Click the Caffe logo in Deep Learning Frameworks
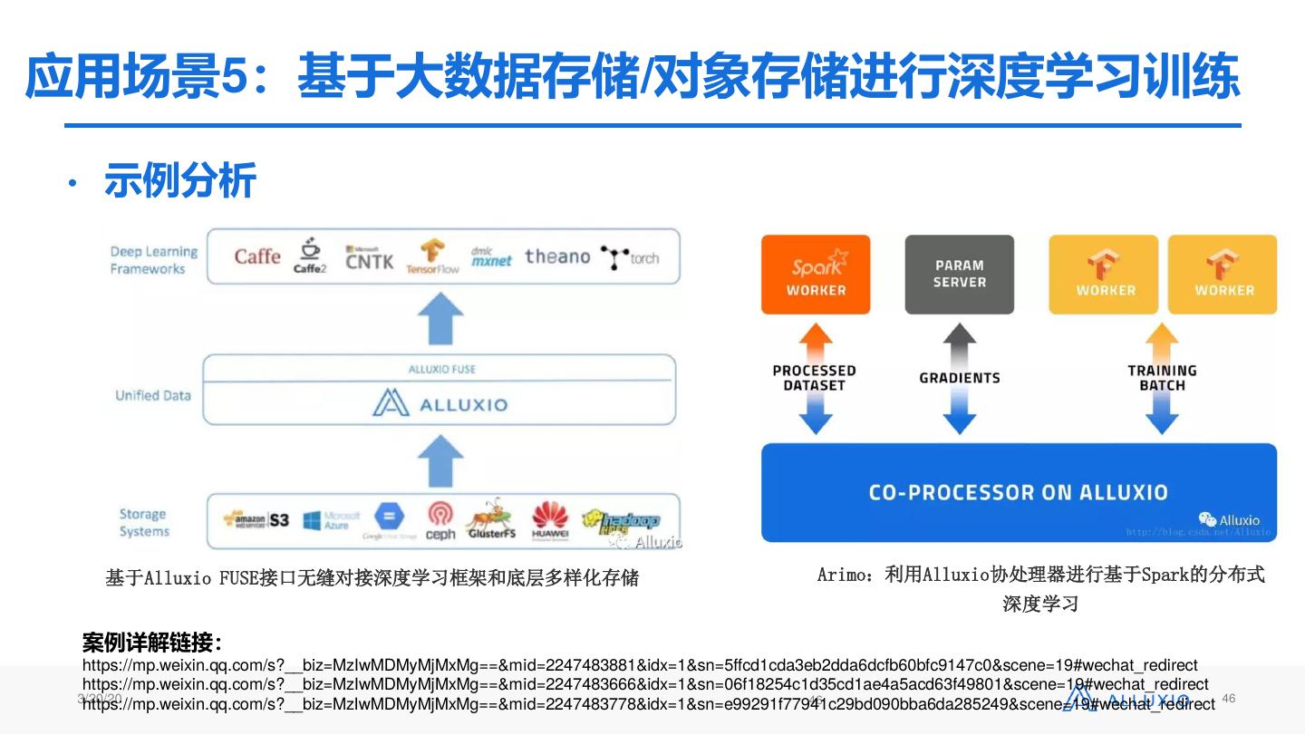pyautogui.click(x=257, y=257)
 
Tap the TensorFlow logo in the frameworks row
pyautogui.click(x=432, y=256)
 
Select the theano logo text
pyautogui.click(x=556, y=257)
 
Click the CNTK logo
pyautogui.click(x=369, y=258)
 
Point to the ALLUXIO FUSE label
pyautogui.click(x=441, y=370)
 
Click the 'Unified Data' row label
pyautogui.click(x=152, y=396)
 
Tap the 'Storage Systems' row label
pyautogui.click(x=144, y=523)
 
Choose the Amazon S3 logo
pyautogui.click(x=256, y=520)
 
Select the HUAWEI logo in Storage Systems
pyautogui.click(x=549, y=521)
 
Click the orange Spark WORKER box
pyautogui.click(x=816, y=275)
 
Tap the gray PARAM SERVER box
pyautogui.click(x=959, y=275)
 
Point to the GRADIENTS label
pyautogui.click(x=959, y=378)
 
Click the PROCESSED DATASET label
pyautogui.click(x=814, y=378)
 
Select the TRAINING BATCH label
pyautogui.click(x=1162, y=378)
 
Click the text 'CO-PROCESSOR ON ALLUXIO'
pyautogui.click(x=1018, y=493)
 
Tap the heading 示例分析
pyautogui.click(x=180, y=180)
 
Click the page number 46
pyautogui.click(x=1229, y=698)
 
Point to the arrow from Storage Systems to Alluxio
pyautogui.click(x=440, y=460)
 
